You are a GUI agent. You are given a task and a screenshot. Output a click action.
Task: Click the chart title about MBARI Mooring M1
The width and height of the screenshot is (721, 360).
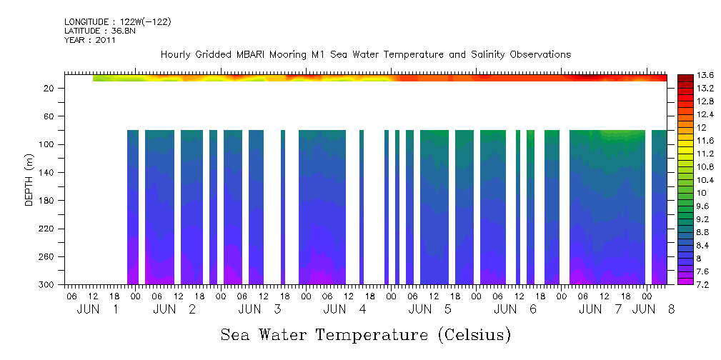click(365, 54)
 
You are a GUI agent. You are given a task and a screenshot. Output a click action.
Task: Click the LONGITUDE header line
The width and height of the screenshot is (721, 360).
click(117, 22)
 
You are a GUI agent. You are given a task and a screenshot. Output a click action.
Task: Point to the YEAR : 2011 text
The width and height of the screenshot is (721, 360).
click(90, 40)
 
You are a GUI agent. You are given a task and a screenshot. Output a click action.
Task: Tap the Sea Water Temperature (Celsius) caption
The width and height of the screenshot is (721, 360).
click(365, 334)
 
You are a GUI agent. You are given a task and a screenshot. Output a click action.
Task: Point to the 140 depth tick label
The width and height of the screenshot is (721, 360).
click(47, 172)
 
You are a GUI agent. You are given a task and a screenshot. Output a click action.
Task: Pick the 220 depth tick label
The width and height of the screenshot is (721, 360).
click(47, 229)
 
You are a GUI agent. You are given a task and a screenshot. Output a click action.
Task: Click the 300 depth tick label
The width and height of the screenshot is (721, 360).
click(47, 285)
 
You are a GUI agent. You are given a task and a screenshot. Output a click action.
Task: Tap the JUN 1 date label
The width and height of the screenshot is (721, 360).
click(98, 309)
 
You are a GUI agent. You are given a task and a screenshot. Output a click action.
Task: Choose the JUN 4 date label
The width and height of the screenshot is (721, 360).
click(345, 309)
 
